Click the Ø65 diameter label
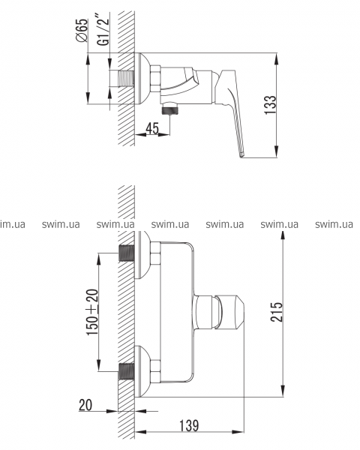tap(82, 30)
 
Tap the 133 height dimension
tap(270, 105)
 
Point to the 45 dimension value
tap(152, 128)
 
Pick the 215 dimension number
tap(277, 312)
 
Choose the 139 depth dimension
tap(189, 425)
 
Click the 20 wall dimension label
tap(85, 405)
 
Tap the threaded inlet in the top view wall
tap(125, 78)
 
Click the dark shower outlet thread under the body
tap(170, 110)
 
